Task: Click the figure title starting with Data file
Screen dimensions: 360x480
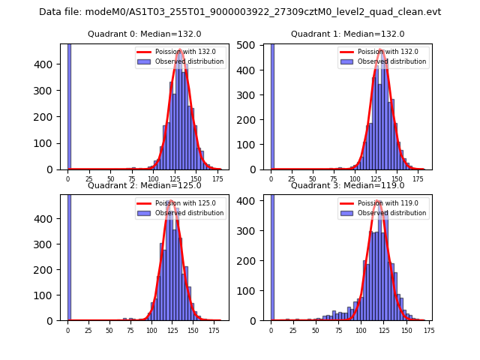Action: (240, 12)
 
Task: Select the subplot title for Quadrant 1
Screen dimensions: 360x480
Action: (347, 34)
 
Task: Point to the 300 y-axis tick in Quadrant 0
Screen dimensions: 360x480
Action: (50, 91)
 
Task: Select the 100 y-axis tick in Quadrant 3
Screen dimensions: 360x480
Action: (253, 290)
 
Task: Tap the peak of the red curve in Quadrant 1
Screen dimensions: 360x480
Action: (381, 50)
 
